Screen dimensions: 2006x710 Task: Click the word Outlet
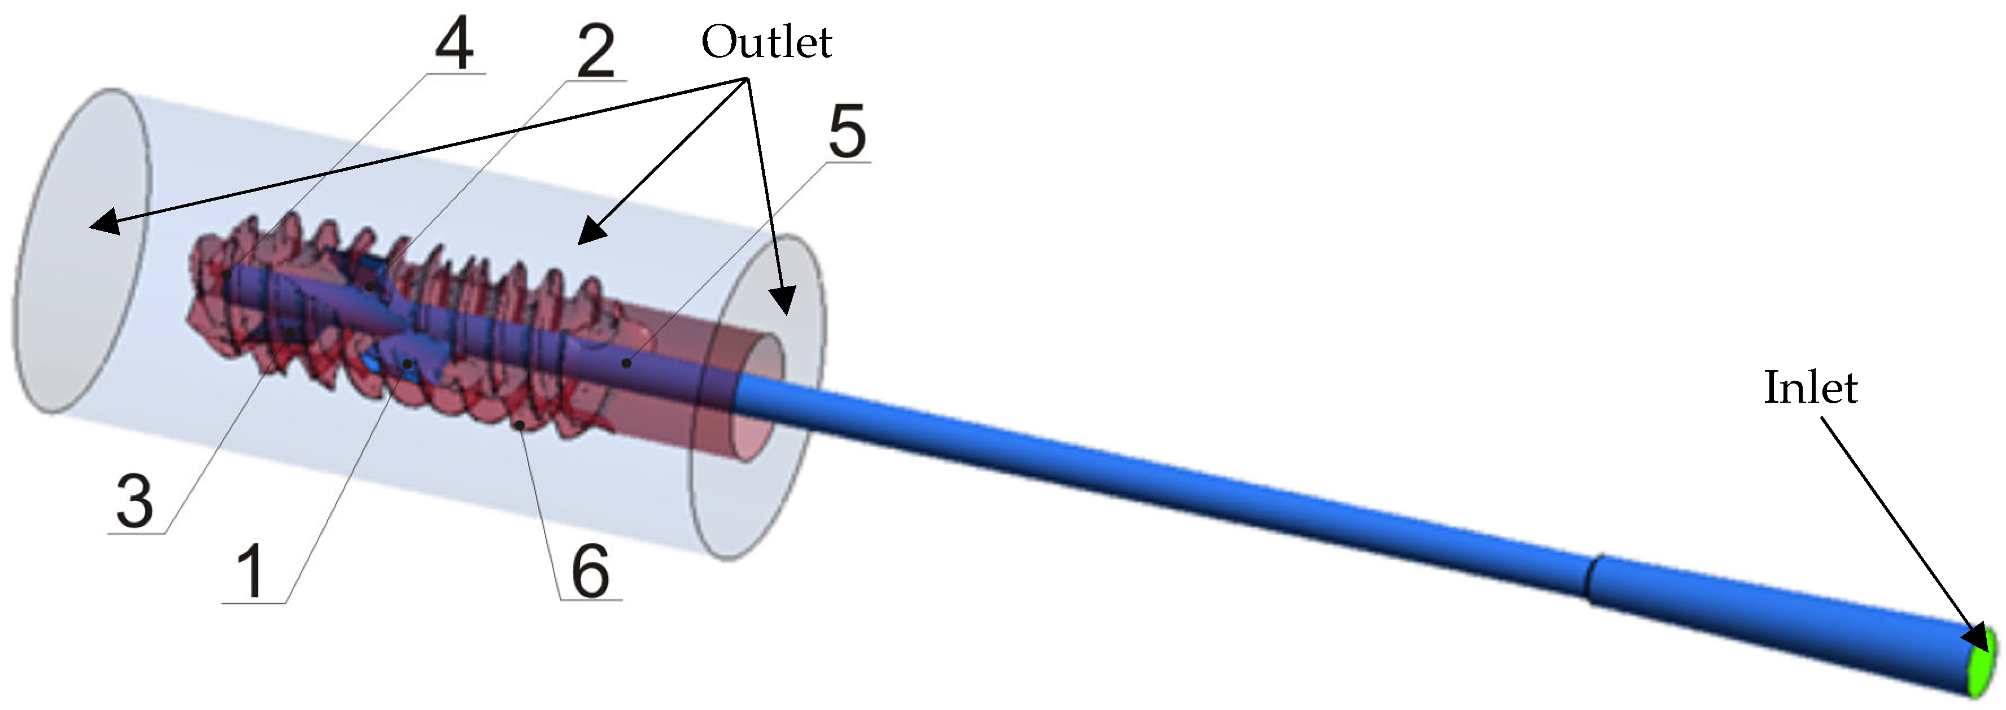(766, 43)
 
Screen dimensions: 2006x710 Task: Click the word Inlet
(1810, 387)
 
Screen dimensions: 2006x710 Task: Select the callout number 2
(596, 51)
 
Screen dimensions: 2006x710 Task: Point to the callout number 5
(847, 132)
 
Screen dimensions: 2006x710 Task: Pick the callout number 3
(135, 502)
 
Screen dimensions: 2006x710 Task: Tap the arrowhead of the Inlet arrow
(1974, 640)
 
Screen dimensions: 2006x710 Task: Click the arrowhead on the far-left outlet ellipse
(101, 224)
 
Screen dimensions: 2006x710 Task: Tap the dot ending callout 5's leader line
(625, 363)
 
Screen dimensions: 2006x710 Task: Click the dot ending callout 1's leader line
(407, 363)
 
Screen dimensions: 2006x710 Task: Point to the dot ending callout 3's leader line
(290, 333)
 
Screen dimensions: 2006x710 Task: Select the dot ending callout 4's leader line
(226, 275)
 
